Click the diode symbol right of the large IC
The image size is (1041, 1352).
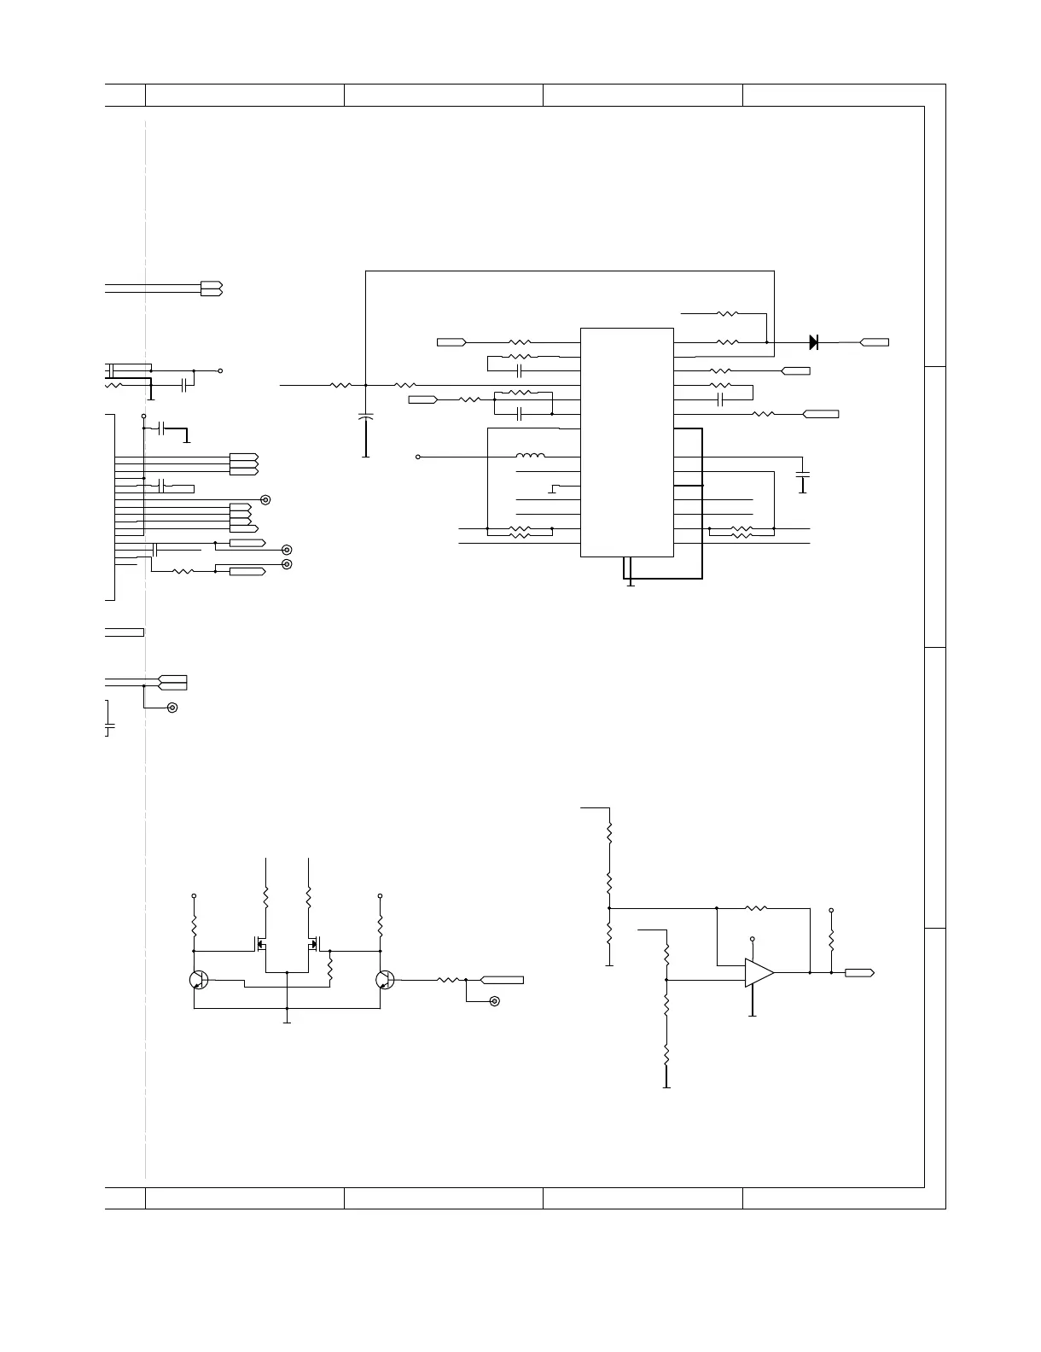(x=813, y=342)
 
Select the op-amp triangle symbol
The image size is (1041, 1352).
(x=759, y=972)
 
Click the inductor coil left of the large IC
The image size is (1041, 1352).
(x=531, y=457)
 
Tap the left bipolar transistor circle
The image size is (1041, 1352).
(x=199, y=981)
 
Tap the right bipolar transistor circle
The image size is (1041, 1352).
(x=386, y=981)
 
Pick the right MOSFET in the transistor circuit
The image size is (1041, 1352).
(x=314, y=946)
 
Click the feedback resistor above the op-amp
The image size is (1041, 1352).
(x=756, y=908)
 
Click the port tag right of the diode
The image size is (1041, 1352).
(x=874, y=342)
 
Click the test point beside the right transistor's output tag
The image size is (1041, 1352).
(x=494, y=1000)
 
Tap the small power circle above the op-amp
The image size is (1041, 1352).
(x=753, y=938)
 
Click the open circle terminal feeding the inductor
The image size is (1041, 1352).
(x=418, y=457)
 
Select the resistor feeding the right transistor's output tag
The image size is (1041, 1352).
(x=449, y=980)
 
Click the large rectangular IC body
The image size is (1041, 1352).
(x=627, y=442)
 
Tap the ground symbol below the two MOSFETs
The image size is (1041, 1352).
(x=288, y=1020)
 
